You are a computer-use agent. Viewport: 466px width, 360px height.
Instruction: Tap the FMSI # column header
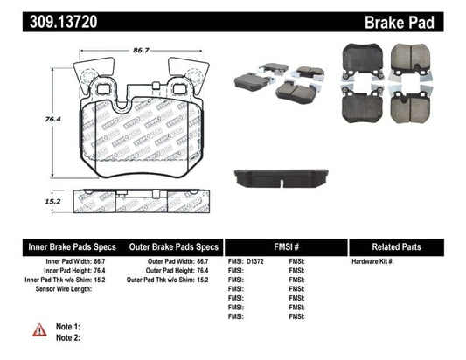(x=282, y=247)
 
